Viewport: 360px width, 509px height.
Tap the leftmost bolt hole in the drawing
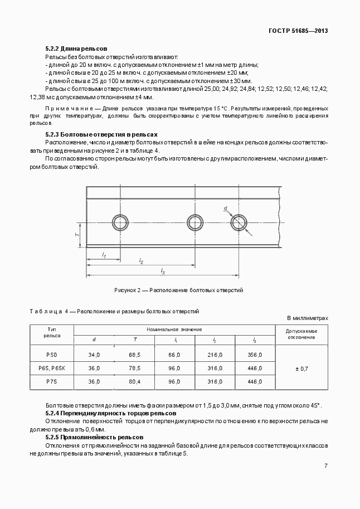(x=120, y=222)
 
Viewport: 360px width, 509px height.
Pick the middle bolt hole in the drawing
(x=195, y=222)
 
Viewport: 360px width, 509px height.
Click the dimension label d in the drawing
(x=226, y=208)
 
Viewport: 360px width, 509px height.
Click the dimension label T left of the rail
(x=77, y=235)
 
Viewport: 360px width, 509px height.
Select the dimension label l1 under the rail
(x=104, y=255)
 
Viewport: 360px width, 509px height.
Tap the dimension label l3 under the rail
(x=163, y=270)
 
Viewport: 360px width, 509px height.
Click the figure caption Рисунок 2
(x=178, y=290)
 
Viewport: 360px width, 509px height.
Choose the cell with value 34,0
(x=94, y=355)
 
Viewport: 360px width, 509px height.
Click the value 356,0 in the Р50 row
(x=255, y=355)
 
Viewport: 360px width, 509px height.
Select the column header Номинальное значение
(x=174, y=329)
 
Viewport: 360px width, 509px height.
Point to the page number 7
(x=325, y=466)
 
